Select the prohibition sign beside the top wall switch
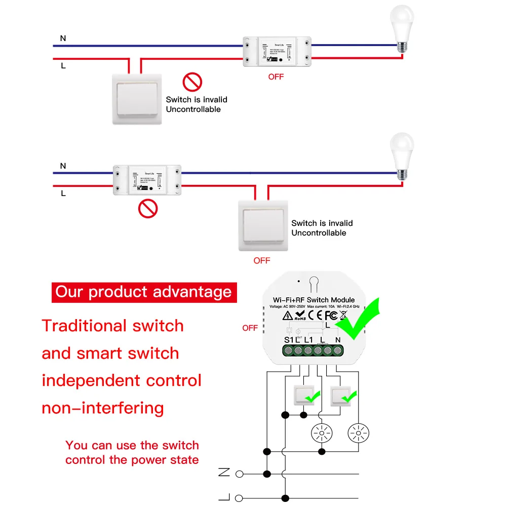[x=192, y=82]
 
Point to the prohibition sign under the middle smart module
[x=148, y=208]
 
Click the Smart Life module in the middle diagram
[x=147, y=179]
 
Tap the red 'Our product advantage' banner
[x=144, y=292]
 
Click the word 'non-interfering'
[x=103, y=408]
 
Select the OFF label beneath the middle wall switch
[x=262, y=261]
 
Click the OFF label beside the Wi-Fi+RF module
[x=250, y=328]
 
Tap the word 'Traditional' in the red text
[x=84, y=326]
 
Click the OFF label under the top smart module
[x=276, y=77]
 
